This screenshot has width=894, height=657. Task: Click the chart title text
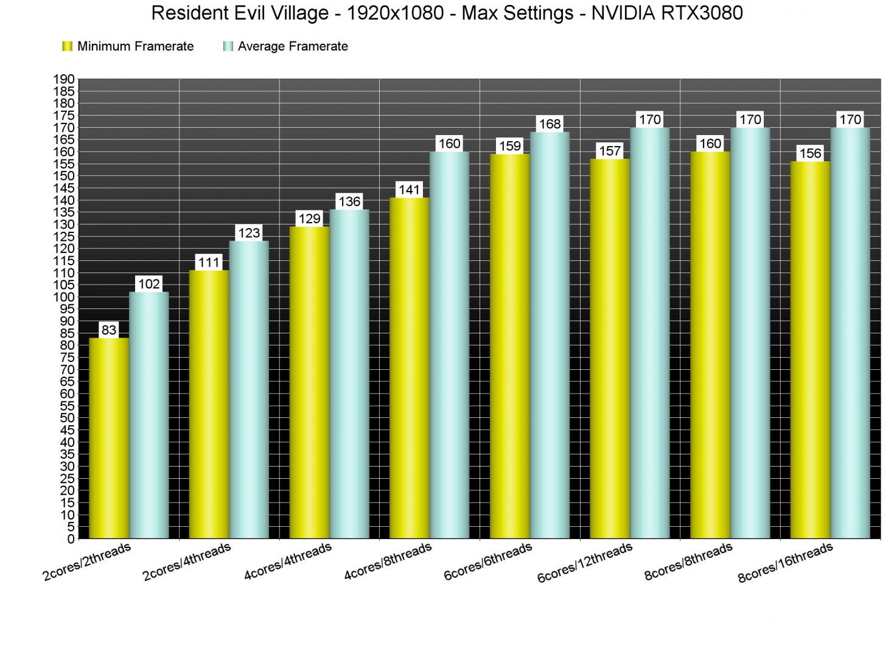[x=447, y=13]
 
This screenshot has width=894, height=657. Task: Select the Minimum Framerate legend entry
[x=128, y=46]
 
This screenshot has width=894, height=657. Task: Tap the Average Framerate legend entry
[x=286, y=46]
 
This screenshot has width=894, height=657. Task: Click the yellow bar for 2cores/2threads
[x=108, y=438]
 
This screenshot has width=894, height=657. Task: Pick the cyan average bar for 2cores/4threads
[x=249, y=389]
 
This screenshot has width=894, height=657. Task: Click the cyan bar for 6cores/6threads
[x=550, y=335]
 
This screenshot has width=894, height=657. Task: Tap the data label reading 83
[x=109, y=330]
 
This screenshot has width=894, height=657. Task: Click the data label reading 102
[x=149, y=284]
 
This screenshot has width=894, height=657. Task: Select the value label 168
[x=550, y=124]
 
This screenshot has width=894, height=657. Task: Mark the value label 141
[x=409, y=190]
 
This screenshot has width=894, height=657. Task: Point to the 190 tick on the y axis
[x=64, y=79]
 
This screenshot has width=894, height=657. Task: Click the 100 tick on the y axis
[x=64, y=297]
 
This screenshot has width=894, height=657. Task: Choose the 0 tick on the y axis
[x=71, y=539]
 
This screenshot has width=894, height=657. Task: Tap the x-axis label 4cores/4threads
[x=288, y=561]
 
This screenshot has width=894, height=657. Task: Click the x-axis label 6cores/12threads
[x=585, y=563]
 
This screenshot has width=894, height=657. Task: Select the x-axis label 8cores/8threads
[x=688, y=561]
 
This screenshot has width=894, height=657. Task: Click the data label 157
[x=610, y=151]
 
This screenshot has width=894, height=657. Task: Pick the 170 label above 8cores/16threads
[x=850, y=120]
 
